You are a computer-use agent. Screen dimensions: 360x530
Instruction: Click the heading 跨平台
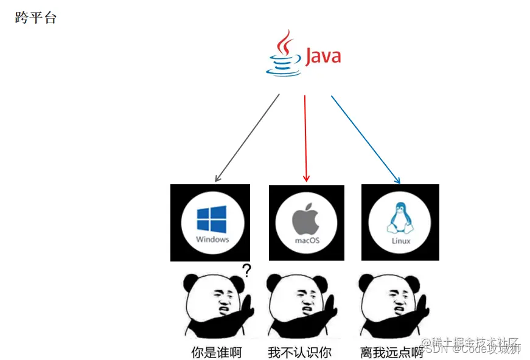pos(36,18)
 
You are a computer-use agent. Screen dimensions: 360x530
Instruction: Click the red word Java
pos(323,57)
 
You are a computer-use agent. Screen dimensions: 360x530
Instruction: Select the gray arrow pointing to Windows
pos(247,138)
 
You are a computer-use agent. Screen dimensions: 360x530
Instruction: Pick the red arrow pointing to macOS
pos(305,138)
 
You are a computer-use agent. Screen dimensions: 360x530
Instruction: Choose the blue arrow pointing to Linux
pos(365,139)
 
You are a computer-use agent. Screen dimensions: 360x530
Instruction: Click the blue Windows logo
pos(212,219)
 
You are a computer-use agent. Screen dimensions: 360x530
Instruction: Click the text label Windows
pos(212,239)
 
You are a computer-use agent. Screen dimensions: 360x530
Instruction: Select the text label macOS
pos(307,240)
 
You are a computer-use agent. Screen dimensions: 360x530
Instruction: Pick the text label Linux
pos(400,241)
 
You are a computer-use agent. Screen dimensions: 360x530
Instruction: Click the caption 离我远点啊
pos(391,352)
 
